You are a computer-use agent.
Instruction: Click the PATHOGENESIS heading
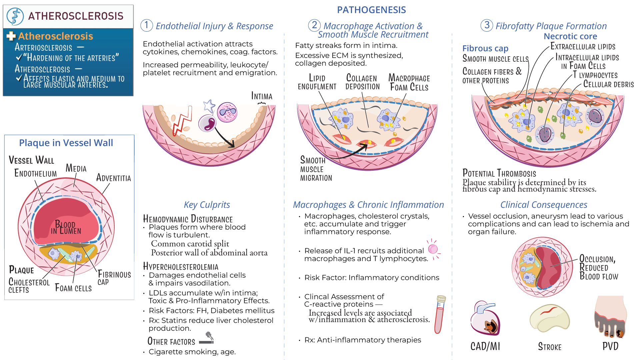(x=371, y=10)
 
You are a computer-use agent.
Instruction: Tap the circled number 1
(x=147, y=25)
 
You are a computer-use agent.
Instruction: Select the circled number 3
(x=487, y=25)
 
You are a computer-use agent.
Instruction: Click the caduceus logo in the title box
(x=15, y=16)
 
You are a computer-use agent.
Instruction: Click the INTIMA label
(x=262, y=96)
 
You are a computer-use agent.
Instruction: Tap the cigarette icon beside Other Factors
(x=207, y=338)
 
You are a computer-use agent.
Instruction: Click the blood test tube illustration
(x=440, y=314)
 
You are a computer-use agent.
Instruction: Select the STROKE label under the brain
(x=550, y=347)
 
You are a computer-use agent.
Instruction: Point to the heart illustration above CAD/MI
(x=485, y=318)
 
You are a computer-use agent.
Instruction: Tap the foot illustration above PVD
(x=610, y=317)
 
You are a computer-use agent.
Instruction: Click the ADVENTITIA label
(x=114, y=178)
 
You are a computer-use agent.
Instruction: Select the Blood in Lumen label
(x=66, y=228)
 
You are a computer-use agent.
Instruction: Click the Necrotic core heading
(x=570, y=36)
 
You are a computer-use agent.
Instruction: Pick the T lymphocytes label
(x=595, y=75)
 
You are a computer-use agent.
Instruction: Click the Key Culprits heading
(x=207, y=205)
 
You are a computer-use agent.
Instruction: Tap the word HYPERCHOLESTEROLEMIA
(x=181, y=267)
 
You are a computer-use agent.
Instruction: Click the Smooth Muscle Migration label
(x=316, y=169)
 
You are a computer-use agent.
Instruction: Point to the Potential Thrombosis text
(x=499, y=173)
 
